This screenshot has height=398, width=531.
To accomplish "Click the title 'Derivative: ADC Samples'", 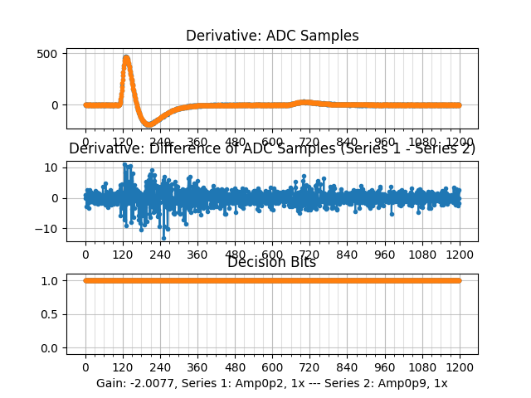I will pos(272,36).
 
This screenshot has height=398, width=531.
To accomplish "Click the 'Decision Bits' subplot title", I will pos(272,262).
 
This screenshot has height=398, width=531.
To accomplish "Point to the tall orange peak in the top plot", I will pos(126,58).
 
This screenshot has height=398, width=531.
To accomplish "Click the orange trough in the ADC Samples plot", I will pos(149,124).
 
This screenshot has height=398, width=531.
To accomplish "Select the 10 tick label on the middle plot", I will pos(51,167).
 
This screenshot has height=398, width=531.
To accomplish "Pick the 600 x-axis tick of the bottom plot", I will pos(272,367).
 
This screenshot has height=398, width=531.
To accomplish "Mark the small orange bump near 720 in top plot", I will pos(305,102).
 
